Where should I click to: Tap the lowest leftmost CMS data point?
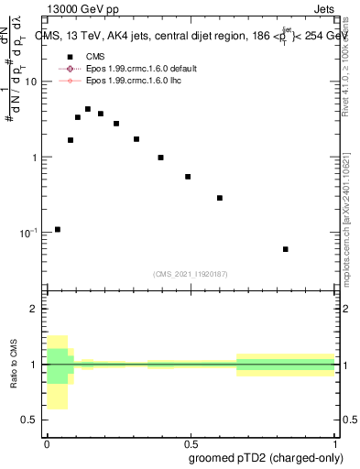point(58,229)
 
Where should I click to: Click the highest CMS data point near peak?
point(88,109)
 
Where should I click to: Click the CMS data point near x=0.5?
point(188,177)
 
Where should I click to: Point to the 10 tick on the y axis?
point(31,82)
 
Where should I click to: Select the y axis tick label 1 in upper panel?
point(35,158)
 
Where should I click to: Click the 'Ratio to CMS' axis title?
point(13,365)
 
